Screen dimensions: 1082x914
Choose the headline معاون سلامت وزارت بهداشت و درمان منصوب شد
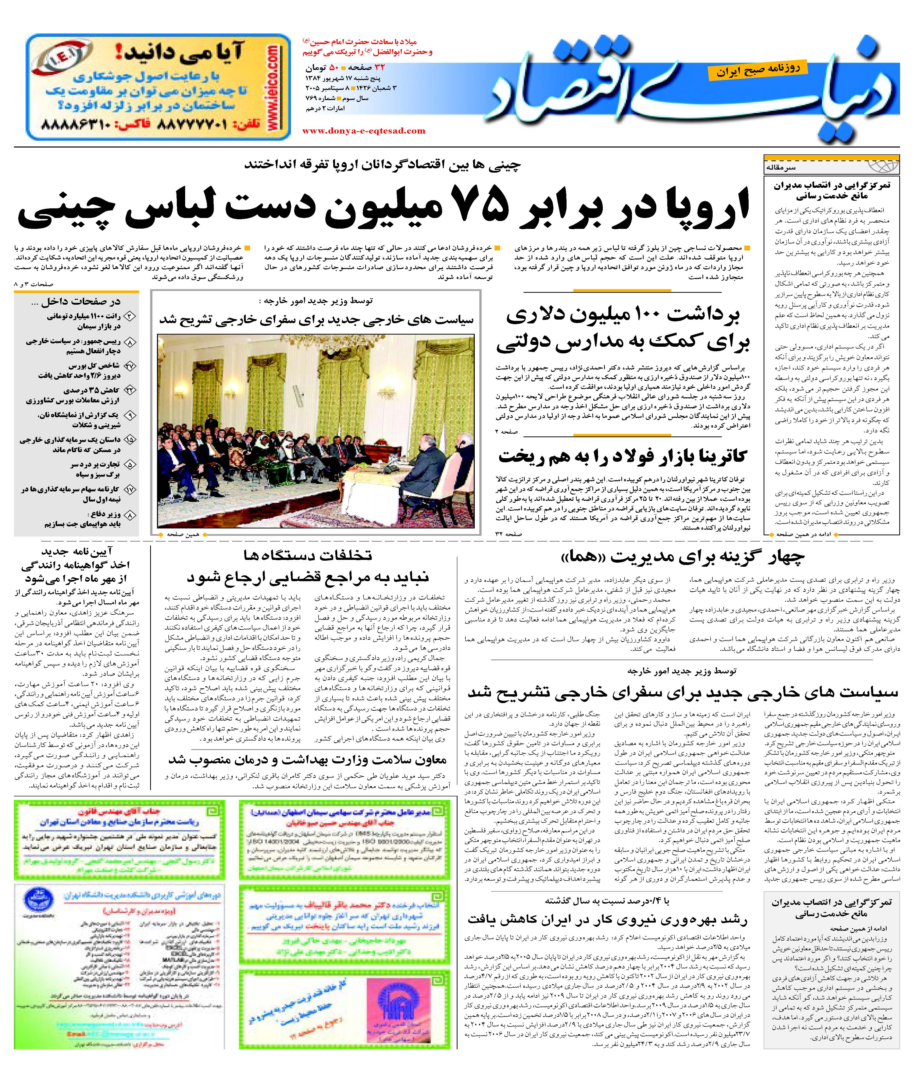(307, 760)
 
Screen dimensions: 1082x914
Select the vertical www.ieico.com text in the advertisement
(272, 87)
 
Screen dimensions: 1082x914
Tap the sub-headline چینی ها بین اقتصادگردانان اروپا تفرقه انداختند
(382, 166)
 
